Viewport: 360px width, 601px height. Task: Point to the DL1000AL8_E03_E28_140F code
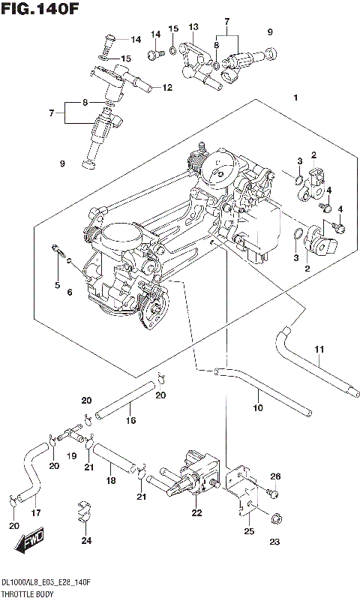(x=47, y=583)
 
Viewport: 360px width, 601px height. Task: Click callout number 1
(x=296, y=98)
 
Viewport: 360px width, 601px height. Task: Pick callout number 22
(x=196, y=513)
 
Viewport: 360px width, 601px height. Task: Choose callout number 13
(x=193, y=26)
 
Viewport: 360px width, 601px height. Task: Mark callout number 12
(x=167, y=88)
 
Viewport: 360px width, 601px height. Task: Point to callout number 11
(x=319, y=349)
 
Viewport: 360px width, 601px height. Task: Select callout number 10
(x=257, y=409)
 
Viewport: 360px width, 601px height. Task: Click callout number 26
(x=275, y=476)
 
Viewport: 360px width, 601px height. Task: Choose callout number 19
(x=73, y=455)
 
